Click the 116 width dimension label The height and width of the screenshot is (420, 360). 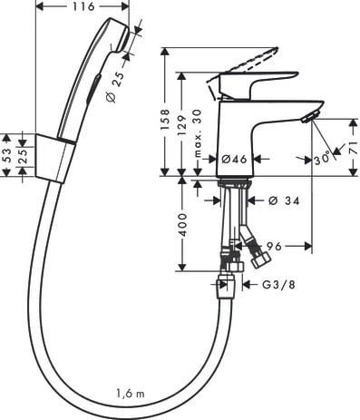83,6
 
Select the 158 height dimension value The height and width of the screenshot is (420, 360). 165,120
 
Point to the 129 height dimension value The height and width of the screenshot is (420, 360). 182,125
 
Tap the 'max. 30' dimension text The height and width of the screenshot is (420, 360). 198,133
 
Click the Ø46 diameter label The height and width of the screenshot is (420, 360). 235,159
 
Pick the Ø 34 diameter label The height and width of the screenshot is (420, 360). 284,200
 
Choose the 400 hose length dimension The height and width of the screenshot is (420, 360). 182,225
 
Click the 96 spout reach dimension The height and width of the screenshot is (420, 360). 274,246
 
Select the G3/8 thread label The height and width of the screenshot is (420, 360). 278,285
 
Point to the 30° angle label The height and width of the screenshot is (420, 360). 322,159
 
